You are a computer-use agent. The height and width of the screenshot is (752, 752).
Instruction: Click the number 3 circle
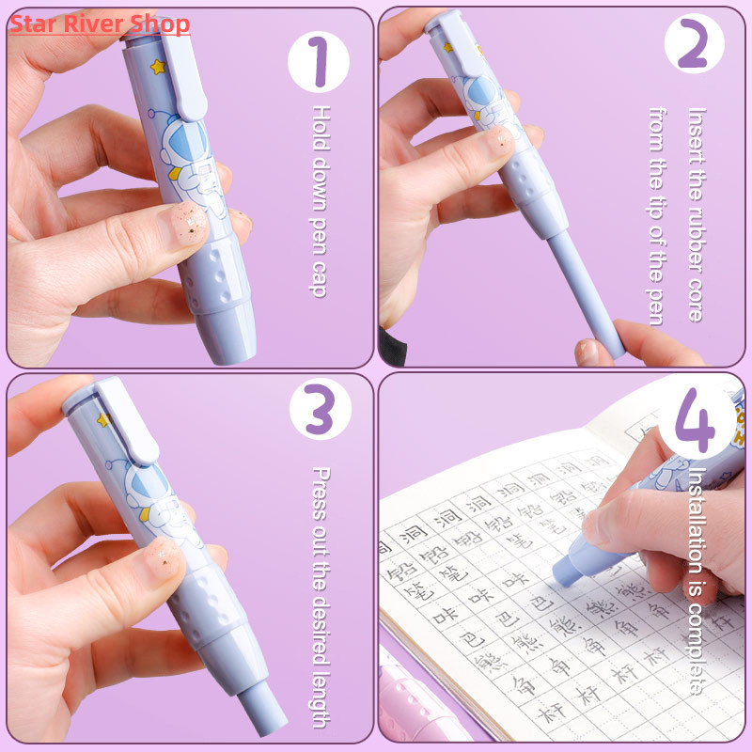point(319,415)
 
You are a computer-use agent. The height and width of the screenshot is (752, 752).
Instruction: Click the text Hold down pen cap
point(320,202)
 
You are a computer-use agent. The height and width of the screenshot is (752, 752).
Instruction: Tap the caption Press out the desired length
point(320,597)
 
